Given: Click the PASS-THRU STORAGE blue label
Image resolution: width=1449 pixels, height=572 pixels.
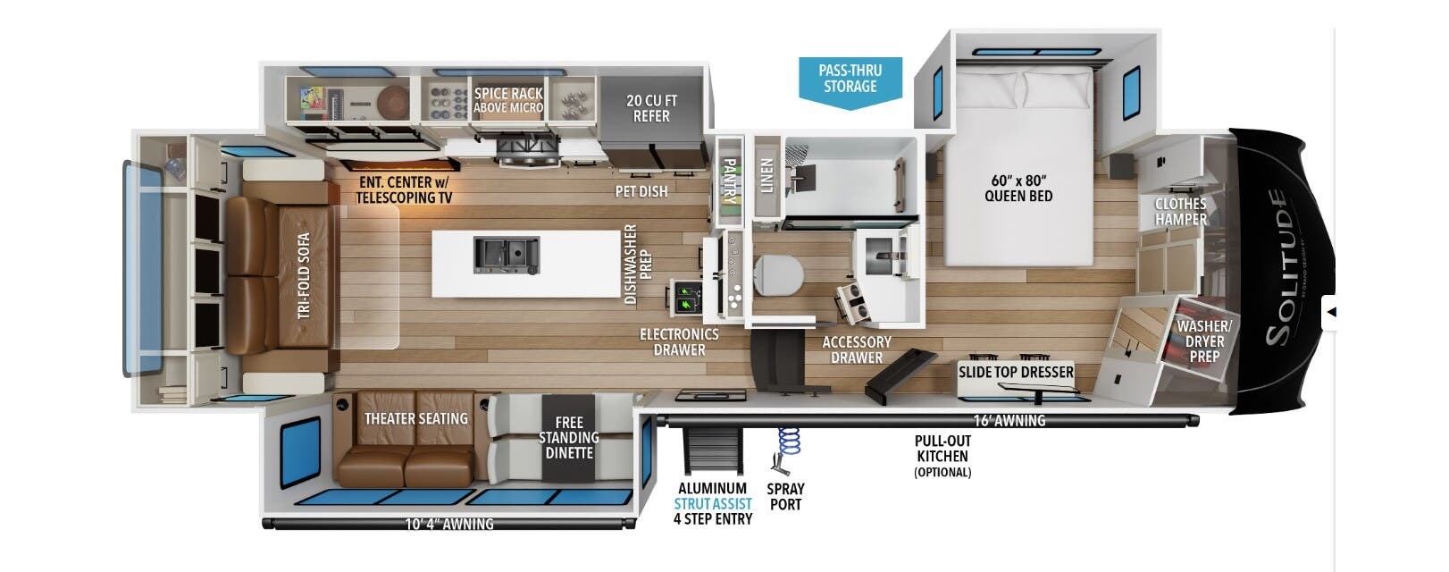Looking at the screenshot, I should pos(850,79).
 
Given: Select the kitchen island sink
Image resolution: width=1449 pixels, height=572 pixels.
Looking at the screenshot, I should pos(506,255).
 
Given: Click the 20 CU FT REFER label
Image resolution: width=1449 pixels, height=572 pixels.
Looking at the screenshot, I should pos(651,108).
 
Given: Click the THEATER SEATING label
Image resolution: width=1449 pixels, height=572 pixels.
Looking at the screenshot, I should pos(415,418).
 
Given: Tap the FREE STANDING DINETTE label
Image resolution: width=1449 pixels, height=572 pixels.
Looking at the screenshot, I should pos(568,437).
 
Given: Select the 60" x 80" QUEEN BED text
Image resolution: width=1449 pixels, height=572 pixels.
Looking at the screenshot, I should pos(1018,188).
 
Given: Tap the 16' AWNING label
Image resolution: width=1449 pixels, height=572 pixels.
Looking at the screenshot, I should pos(1009,420).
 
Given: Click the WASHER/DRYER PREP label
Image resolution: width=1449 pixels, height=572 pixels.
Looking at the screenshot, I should pos(1203,341).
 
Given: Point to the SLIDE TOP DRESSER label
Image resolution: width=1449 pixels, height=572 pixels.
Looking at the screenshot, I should pos(1016,371).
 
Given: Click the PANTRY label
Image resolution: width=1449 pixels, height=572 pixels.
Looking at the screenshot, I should pos(729,181).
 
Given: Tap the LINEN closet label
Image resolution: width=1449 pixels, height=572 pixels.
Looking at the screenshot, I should pos(766,175).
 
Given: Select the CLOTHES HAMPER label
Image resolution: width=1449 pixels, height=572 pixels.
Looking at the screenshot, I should pos(1180,211).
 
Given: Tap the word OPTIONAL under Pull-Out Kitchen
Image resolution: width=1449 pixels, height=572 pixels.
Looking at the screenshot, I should pos(942,472).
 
